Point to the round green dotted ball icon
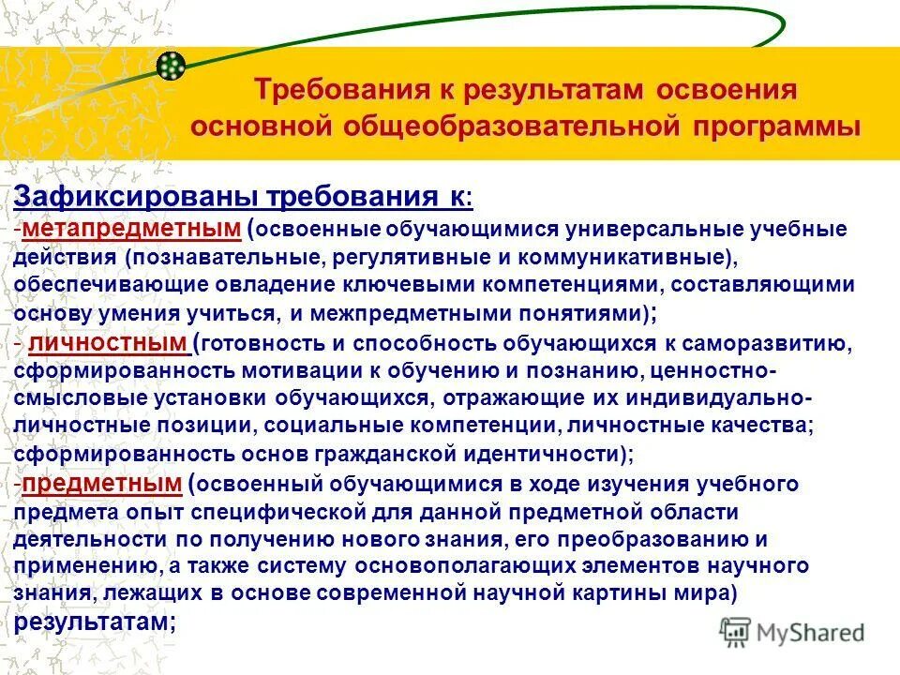point(171,66)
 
